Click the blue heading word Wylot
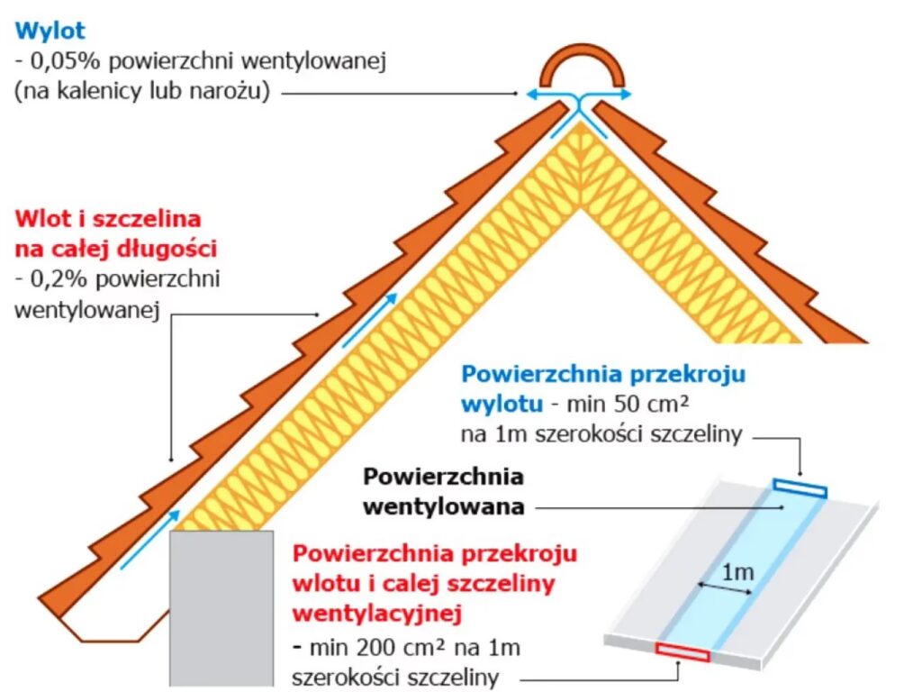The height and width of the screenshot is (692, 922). [50, 31]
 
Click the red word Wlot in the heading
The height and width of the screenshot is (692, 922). [41, 218]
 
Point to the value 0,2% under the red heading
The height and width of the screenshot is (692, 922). [55, 279]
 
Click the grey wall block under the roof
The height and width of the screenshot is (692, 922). [221, 608]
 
